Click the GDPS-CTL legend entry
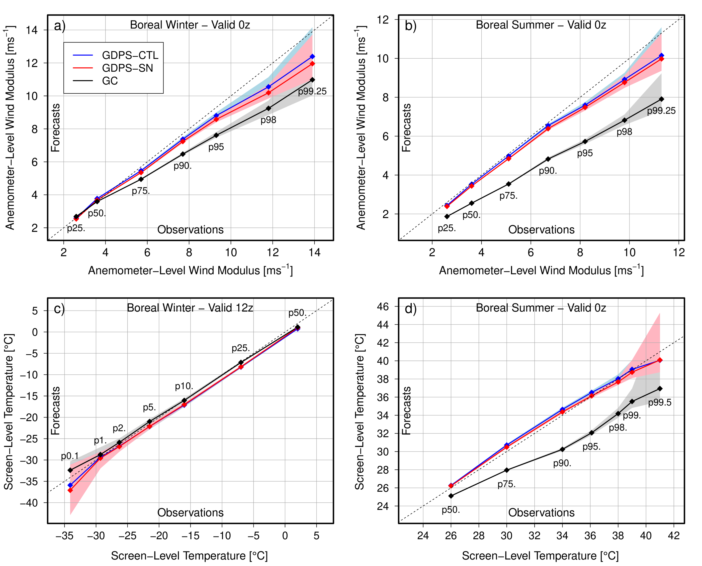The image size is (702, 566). [x=130, y=55]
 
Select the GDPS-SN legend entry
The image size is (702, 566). [x=127, y=68]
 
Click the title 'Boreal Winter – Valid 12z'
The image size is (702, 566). [x=190, y=308]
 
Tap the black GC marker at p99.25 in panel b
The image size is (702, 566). [x=661, y=99]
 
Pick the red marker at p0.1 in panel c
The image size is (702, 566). [x=70, y=490]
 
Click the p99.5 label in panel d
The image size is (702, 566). [x=660, y=403]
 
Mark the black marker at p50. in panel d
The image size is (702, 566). [x=451, y=496]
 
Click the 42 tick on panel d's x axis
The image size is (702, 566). [x=674, y=536]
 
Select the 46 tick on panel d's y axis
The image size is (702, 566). [x=383, y=307]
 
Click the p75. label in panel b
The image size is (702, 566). [x=508, y=196]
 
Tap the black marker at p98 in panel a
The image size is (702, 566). [x=268, y=108]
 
